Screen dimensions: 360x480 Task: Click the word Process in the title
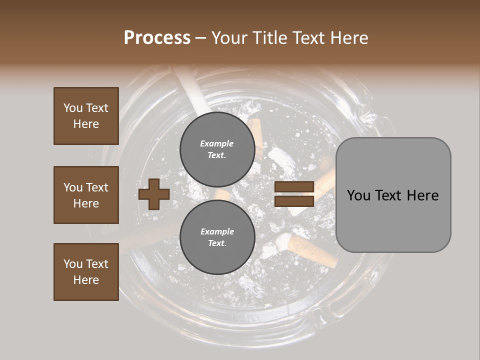157,37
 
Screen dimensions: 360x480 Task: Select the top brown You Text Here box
86,116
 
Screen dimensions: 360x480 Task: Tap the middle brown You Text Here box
86,195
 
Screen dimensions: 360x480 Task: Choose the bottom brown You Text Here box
86,272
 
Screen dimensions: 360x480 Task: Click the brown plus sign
153,194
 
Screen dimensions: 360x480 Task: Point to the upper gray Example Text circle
217,149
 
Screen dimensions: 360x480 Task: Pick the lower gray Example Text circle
217,237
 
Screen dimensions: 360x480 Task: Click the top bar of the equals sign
294,187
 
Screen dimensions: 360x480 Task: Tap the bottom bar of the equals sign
294,201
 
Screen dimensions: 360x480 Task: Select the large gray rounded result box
393,195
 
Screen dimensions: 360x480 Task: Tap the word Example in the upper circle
216,143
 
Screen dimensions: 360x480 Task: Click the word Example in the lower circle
217,231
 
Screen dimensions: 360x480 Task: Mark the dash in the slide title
200,38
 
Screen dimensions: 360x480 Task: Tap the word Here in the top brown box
86,124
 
